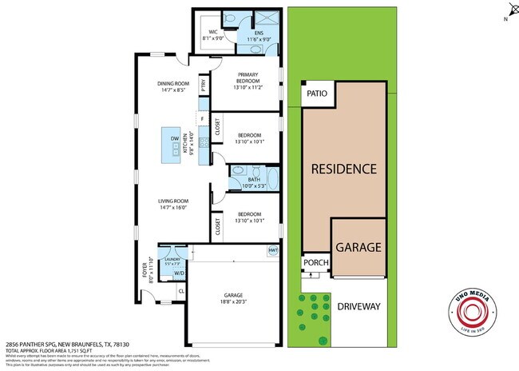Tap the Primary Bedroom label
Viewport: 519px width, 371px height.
[248, 82]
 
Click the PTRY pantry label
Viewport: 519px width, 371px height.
[204, 86]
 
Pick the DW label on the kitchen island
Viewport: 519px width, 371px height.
[174, 138]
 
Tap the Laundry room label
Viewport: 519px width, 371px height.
[173, 261]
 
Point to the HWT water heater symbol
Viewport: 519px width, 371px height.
[271, 249]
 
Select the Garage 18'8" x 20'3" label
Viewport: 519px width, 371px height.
[236, 299]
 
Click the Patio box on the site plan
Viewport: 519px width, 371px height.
[317, 94]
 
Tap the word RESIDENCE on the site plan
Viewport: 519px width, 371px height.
[343, 169]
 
